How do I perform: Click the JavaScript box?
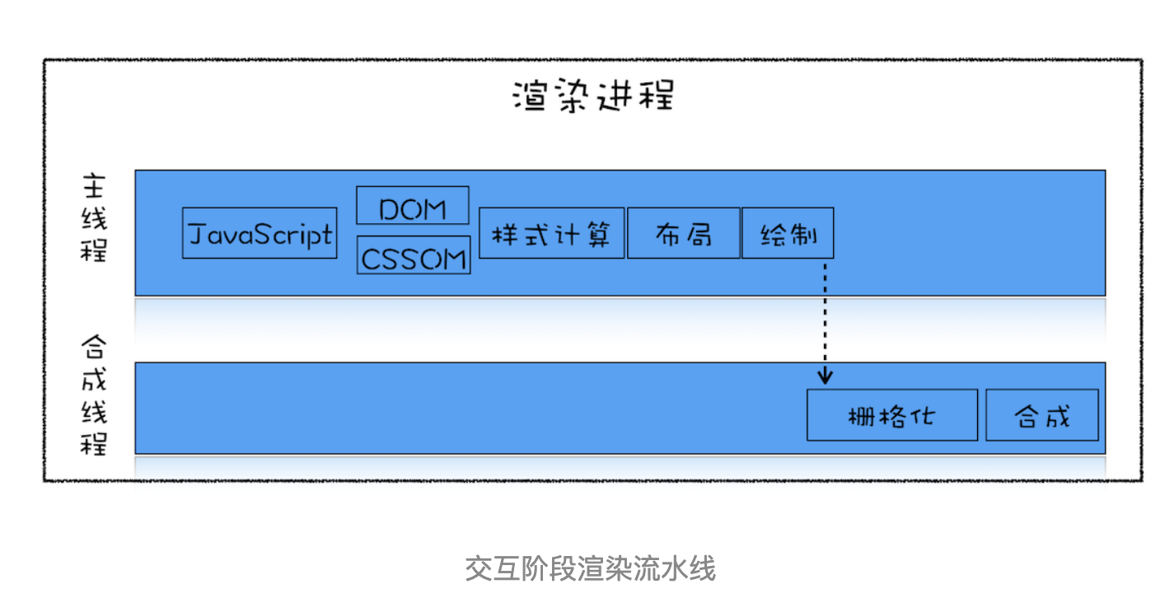click(x=260, y=233)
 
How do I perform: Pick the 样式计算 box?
click(x=551, y=233)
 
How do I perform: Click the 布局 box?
click(x=683, y=233)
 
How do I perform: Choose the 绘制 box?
click(x=788, y=233)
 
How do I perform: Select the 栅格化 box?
click(x=891, y=415)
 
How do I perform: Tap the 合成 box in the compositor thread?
click(x=1041, y=415)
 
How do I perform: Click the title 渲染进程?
click(x=592, y=96)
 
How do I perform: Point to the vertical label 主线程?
click(x=94, y=217)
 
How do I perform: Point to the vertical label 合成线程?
click(x=94, y=395)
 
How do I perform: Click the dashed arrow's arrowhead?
click(x=826, y=377)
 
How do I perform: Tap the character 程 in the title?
click(x=657, y=96)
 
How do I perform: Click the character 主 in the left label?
click(x=94, y=186)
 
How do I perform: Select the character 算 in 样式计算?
click(x=597, y=234)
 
